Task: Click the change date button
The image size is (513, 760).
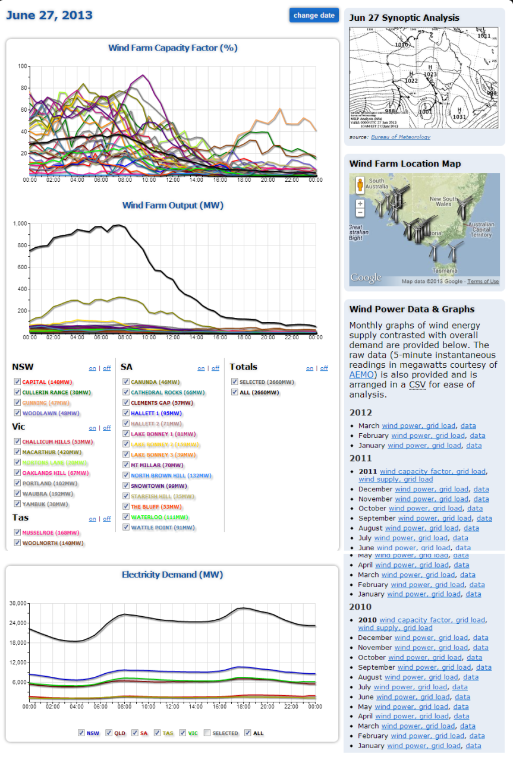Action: coord(314,15)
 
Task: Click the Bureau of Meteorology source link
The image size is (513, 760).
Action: coord(400,137)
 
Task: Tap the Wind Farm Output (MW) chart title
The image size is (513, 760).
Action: coord(172,205)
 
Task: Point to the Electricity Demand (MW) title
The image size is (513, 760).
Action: coord(172,575)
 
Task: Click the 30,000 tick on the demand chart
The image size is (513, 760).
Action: coord(17,603)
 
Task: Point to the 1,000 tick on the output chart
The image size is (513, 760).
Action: coord(20,223)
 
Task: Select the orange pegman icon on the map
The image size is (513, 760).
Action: coord(360,185)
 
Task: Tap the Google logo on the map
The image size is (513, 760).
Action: coord(366,277)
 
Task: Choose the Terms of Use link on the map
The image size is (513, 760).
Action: coord(483,282)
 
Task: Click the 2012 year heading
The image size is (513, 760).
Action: coord(360,412)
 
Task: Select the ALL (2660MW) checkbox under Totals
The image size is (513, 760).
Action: coord(235,392)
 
